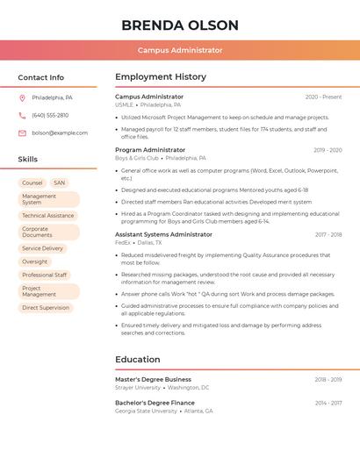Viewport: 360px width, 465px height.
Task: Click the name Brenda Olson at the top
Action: click(180, 25)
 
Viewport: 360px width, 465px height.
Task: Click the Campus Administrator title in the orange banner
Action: click(180, 51)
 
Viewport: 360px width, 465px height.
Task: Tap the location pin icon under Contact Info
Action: click(22, 97)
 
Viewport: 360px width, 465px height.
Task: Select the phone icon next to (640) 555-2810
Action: click(22, 115)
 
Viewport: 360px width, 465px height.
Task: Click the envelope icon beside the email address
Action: click(22, 133)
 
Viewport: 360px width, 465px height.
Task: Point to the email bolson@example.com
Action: click(60, 133)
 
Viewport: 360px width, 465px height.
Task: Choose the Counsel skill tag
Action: click(32, 183)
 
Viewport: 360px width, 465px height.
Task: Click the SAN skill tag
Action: click(59, 183)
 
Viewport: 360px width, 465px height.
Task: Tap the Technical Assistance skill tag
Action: click(48, 216)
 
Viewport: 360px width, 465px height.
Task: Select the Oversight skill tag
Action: click(35, 261)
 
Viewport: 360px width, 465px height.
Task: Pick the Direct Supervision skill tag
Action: click(46, 308)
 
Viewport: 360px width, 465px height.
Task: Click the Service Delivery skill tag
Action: click(43, 248)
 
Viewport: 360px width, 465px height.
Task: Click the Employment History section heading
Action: click(161, 77)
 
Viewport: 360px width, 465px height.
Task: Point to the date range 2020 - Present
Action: click(323, 97)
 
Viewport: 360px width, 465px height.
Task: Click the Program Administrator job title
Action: click(150, 150)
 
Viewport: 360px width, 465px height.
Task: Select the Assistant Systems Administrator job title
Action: click(163, 234)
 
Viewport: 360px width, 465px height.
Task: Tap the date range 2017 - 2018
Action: click(328, 235)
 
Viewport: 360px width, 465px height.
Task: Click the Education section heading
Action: click(138, 360)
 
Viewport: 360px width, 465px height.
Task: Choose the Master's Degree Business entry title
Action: click(153, 379)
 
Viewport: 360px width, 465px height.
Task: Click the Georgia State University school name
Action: click(146, 411)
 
